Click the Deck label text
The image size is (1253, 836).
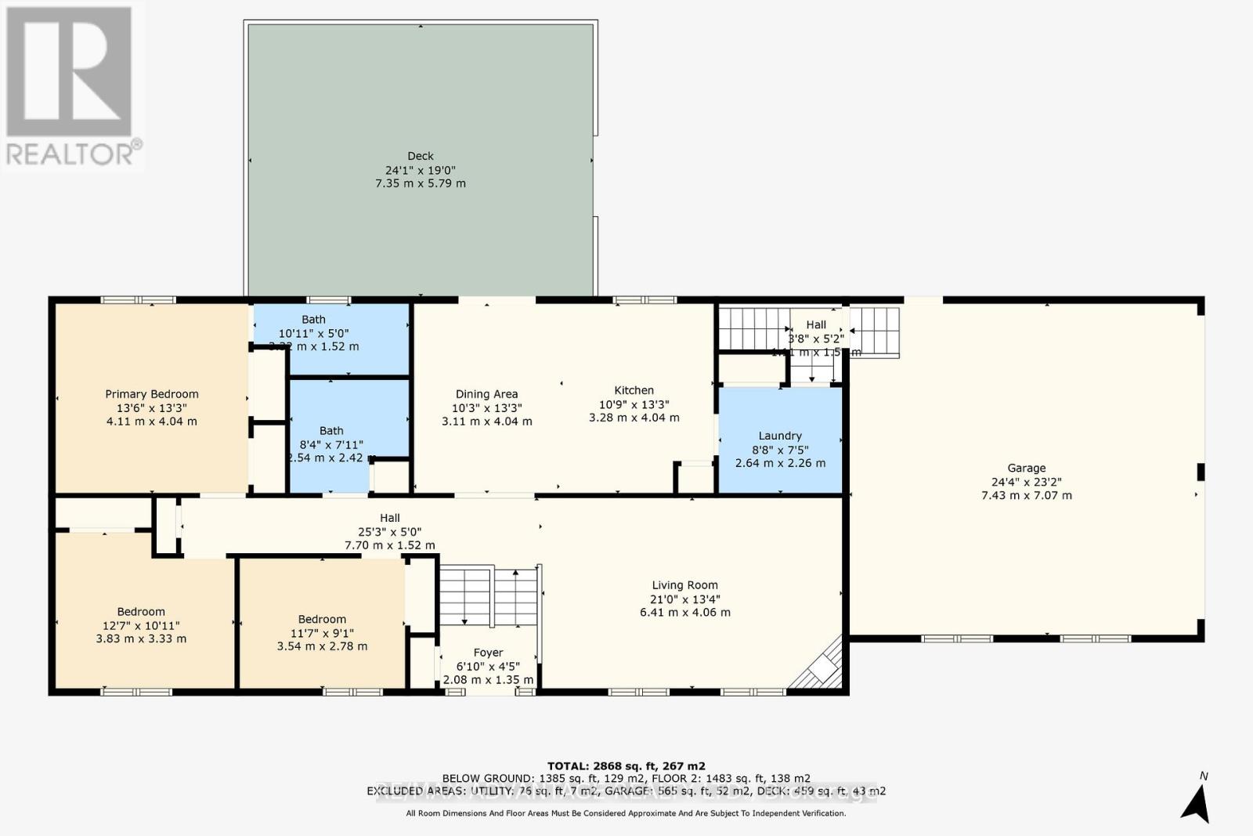421,156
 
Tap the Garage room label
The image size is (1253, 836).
1026,468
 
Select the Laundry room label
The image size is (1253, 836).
779,436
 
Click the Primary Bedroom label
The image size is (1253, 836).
152,394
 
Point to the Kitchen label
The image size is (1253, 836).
634,390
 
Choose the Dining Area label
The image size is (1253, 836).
486,394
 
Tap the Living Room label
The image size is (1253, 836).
684,585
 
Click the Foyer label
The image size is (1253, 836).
488,653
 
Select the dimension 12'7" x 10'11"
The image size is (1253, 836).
141,625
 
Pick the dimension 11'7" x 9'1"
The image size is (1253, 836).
322,633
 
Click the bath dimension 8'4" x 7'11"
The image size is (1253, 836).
331,444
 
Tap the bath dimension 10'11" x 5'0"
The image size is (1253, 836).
313,333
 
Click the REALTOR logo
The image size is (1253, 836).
70,86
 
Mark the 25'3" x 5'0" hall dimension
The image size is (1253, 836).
390,531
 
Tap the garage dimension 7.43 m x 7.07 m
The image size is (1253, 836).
1026,495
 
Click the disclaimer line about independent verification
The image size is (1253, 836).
626,813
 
